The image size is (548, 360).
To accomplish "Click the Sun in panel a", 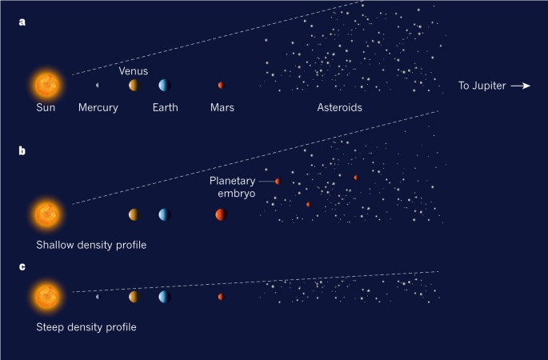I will pyautogui.click(x=46, y=85).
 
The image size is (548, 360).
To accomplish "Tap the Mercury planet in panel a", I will pyautogui.click(x=98, y=85).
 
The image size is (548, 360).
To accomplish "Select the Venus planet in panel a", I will pyautogui.click(x=134, y=85).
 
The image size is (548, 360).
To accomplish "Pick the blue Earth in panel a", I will pyautogui.click(x=164, y=85).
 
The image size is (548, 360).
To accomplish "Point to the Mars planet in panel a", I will pyautogui.click(x=221, y=85).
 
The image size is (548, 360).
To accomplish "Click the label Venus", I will pyautogui.click(x=134, y=70).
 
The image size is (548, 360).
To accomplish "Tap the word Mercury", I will pyautogui.click(x=98, y=107).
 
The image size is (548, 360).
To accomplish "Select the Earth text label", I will pyautogui.click(x=165, y=107).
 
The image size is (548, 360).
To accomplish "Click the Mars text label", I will pyautogui.click(x=222, y=107).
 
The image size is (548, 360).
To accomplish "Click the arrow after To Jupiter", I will pyautogui.click(x=521, y=86).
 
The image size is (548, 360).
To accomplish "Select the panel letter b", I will pyautogui.click(x=22, y=150).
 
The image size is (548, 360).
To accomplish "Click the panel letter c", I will pyautogui.click(x=22, y=265).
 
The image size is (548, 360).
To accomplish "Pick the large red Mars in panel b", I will pyautogui.click(x=221, y=214).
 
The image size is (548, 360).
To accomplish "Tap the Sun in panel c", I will pyautogui.click(x=46, y=296).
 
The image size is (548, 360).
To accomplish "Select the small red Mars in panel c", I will pyautogui.click(x=221, y=297).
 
